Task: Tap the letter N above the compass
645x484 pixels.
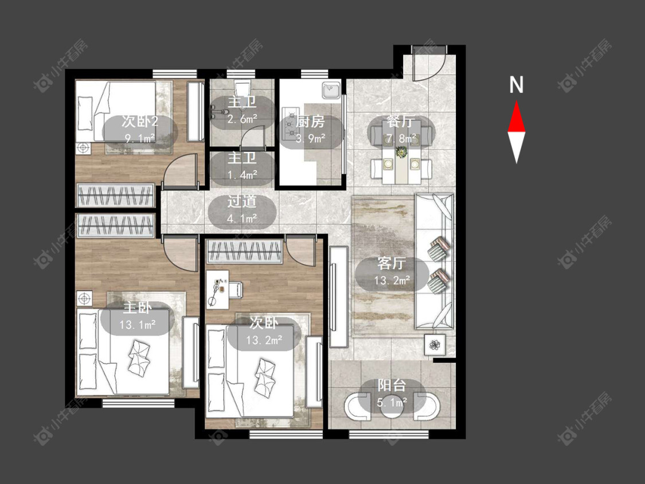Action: point(516,85)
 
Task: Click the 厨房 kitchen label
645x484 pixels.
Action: point(310,122)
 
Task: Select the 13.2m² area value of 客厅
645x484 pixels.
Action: point(392,280)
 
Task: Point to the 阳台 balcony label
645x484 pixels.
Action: point(392,385)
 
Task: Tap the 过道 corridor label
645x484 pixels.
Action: point(242,201)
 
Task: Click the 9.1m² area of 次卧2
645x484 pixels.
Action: point(140,138)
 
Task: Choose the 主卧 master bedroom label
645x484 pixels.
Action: point(138,308)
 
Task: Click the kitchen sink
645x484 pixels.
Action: point(331,90)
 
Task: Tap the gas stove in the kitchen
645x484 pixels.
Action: point(290,123)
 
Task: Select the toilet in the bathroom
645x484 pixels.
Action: point(243,91)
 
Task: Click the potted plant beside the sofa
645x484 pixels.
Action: point(435,345)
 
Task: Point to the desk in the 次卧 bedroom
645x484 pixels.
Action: point(218,290)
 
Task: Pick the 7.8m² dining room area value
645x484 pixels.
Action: point(401,138)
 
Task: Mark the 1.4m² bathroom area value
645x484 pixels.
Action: point(243,175)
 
